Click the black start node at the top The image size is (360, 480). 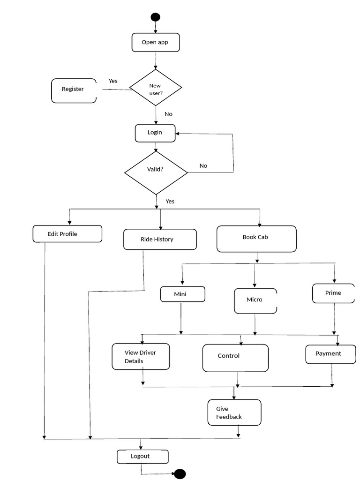click(x=155, y=17)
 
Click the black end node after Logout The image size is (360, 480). click(x=180, y=474)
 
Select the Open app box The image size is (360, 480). click(x=156, y=42)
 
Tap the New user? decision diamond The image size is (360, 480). click(x=156, y=88)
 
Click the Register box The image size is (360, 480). click(x=74, y=90)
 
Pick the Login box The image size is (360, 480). click(x=155, y=133)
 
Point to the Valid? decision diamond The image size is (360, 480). click(x=156, y=172)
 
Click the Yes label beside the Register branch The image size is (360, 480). click(x=113, y=81)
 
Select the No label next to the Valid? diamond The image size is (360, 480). click(x=203, y=165)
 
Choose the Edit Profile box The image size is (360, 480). click(x=67, y=234)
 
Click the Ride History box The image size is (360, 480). click(x=160, y=240)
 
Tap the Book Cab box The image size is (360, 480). click(x=256, y=239)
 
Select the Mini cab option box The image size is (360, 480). click(x=183, y=294)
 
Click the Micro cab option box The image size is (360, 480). click(x=255, y=300)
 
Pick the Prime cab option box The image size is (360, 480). click(x=334, y=293)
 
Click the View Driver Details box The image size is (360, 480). click(x=141, y=356)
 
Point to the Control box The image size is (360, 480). click(x=235, y=358)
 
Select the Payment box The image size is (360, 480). click(x=330, y=354)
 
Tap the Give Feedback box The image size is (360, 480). click(x=234, y=412)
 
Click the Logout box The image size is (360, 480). click(x=142, y=457)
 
